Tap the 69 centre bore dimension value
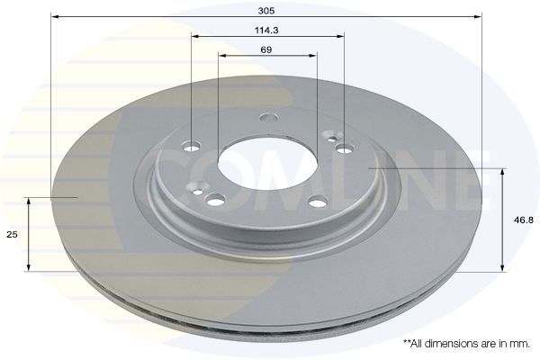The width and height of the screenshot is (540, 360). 266,49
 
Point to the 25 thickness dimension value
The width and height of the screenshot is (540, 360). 13,234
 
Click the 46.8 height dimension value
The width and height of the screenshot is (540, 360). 520,219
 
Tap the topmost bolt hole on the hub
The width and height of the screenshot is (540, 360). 267,117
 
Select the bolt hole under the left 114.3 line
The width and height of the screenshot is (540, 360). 193,147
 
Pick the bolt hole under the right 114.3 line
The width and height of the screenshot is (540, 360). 343,148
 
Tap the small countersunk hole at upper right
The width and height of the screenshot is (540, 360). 332,139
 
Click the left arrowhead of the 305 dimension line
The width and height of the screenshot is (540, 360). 53,16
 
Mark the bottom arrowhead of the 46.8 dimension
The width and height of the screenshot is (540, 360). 502,267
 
